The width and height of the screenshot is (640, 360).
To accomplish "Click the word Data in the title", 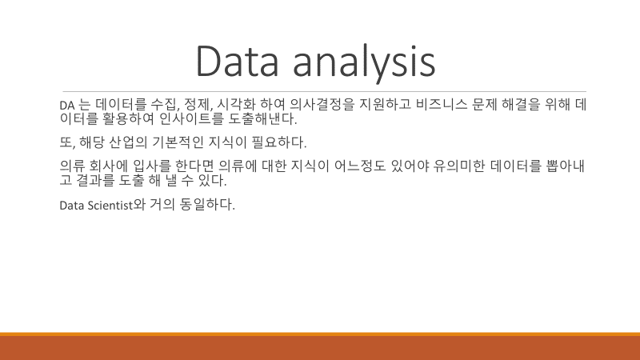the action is [x=237, y=61].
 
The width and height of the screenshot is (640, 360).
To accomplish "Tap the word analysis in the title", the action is [x=365, y=63].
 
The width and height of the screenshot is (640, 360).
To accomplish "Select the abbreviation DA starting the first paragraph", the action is [x=67, y=106].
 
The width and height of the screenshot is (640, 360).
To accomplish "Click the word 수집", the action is [x=165, y=105].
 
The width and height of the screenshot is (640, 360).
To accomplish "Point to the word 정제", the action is [x=198, y=105].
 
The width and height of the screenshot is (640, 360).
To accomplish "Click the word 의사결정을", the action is [x=322, y=105].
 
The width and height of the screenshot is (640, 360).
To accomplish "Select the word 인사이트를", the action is [x=191, y=118].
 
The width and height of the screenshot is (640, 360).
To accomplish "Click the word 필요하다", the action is [x=278, y=142].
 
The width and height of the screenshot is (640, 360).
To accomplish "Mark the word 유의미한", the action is [x=459, y=166].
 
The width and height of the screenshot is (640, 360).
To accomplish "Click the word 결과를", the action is [x=95, y=180].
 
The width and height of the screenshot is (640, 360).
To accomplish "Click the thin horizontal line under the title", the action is [x=325, y=91].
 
